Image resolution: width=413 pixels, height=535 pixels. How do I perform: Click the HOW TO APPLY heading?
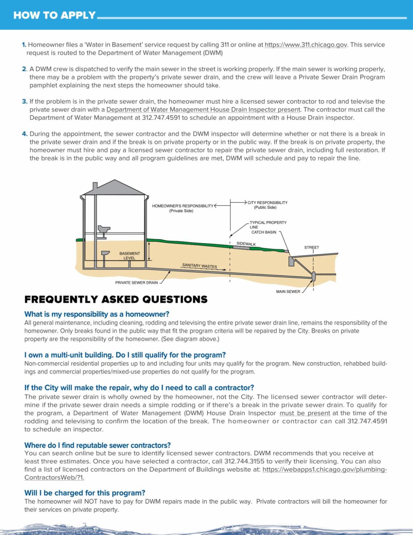coord(54,15)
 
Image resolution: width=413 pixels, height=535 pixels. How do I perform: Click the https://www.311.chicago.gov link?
coord(306,45)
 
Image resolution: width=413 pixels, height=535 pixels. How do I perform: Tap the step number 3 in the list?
coord(24,101)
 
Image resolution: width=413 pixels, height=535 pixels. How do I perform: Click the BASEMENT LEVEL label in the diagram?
coord(129,256)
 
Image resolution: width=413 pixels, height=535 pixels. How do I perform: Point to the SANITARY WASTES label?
coord(200,266)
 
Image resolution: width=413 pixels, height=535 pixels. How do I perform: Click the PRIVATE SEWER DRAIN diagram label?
coord(136,283)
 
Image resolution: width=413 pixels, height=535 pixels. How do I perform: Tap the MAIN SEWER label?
coord(288,292)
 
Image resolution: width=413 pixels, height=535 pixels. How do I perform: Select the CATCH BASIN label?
coord(264,232)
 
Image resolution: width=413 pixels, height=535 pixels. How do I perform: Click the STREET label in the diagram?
coord(311,247)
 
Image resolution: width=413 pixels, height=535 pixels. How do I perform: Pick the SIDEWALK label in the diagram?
coord(246,244)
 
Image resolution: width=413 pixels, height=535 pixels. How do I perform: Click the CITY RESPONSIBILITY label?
coord(267,203)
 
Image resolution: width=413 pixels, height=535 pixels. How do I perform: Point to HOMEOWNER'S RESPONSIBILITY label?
coord(183,206)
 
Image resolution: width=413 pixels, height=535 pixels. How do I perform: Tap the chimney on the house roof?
coord(95,186)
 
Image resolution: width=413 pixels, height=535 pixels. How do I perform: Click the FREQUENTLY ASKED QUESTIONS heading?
coord(116,299)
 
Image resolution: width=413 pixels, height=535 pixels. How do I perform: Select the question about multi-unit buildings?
coord(125,355)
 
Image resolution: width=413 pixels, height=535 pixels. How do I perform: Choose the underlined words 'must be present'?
coord(305,413)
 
